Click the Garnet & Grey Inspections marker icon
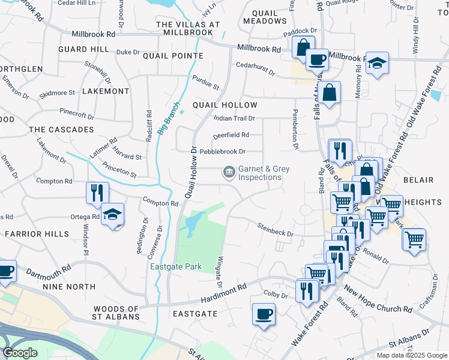(x=229, y=173)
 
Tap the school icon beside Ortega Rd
(x=112, y=214)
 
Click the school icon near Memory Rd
(x=377, y=63)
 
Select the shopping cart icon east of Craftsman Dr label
(x=414, y=239)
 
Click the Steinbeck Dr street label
(x=276, y=230)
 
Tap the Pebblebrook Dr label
(x=223, y=152)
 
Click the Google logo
(x=20, y=353)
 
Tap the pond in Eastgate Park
(x=191, y=224)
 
